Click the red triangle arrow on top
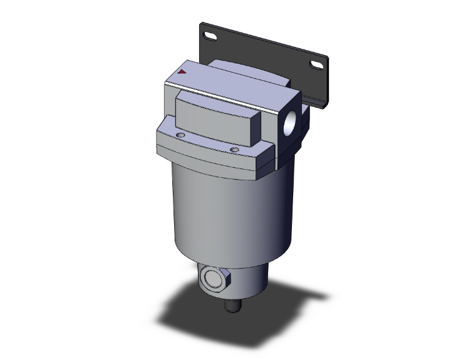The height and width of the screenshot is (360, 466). pyautogui.click(x=182, y=73)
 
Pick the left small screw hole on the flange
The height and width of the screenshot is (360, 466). pyautogui.click(x=180, y=135)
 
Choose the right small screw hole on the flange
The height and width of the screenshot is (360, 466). pyautogui.click(x=234, y=149)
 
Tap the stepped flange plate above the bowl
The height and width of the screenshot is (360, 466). pyautogui.click(x=213, y=150)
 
